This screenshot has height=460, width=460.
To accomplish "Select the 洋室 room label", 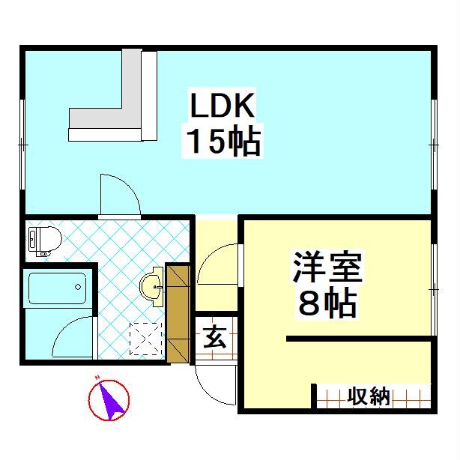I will click(x=327, y=269).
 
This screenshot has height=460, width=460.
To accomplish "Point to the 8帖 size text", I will click(x=327, y=303).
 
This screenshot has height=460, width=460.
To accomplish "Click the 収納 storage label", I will click(x=369, y=396).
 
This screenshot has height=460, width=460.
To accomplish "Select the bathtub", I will click(x=58, y=288).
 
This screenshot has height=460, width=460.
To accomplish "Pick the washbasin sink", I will click(x=152, y=283).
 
